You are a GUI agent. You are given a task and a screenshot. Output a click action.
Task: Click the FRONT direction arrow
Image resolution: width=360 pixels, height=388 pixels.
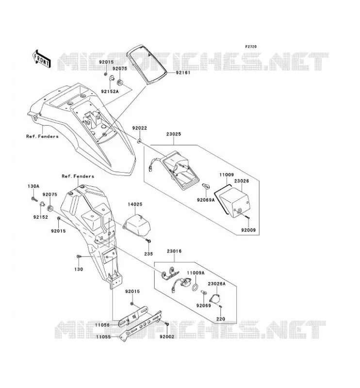[x=41, y=59]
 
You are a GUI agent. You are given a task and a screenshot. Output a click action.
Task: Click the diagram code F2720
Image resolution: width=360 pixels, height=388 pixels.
[x=251, y=47]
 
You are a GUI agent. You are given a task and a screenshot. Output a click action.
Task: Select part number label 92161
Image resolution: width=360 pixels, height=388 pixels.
[x=183, y=73]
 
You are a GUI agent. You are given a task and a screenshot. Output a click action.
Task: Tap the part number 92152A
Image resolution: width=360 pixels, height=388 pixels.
[x=110, y=92]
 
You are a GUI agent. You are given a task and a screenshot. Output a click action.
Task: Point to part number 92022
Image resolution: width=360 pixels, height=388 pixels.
[x=139, y=128]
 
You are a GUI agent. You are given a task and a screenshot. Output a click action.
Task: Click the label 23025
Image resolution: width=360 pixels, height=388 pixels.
[x=174, y=134]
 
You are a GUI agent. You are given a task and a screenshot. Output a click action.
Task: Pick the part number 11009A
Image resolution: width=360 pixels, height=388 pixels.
[x=196, y=273]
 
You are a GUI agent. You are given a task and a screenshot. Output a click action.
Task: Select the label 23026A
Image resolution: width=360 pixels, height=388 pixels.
[x=217, y=284]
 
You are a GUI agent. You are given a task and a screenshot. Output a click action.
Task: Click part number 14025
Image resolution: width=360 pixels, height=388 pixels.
[x=135, y=204]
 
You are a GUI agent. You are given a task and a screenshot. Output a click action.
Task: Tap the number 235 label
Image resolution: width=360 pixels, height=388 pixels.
[x=148, y=254]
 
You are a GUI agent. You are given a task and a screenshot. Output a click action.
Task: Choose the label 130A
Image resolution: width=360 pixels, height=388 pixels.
[x=33, y=186]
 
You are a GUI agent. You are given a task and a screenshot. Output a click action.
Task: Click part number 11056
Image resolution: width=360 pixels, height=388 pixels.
[x=103, y=325]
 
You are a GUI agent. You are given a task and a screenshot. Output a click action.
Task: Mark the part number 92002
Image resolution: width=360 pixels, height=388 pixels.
[x=167, y=337]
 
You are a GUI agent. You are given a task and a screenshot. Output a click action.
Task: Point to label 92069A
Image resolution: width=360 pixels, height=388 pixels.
[x=206, y=200]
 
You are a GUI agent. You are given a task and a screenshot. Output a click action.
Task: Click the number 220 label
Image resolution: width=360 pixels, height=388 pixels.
[x=221, y=319]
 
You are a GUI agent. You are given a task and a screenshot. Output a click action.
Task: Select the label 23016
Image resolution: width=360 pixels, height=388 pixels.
[x=174, y=251]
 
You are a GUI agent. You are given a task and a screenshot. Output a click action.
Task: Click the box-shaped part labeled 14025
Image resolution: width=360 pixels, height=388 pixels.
[x=137, y=224]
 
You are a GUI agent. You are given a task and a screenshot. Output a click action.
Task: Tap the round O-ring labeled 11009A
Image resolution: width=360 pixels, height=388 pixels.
[x=195, y=287]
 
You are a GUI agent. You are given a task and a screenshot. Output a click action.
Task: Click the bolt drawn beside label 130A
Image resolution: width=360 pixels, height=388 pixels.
[x=34, y=199]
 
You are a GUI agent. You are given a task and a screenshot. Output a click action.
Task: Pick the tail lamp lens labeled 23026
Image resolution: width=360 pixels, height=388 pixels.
[x=234, y=202]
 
